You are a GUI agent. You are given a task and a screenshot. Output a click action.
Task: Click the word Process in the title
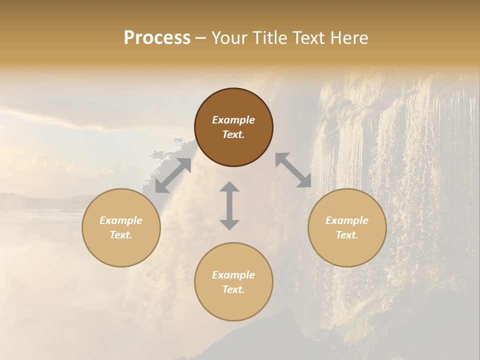pyautogui.click(x=157, y=38)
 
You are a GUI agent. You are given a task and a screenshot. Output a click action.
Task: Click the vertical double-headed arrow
pyautogui.click(x=229, y=205)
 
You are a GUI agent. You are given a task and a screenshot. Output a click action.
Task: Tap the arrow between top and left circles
pyautogui.click(x=173, y=175)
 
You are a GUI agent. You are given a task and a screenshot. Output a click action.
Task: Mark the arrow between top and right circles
pyautogui.click(x=293, y=170)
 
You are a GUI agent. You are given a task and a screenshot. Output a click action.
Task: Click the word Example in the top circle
pyautogui.click(x=233, y=120)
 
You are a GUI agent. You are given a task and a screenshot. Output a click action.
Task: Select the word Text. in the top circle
pyautogui.click(x=233, y=134)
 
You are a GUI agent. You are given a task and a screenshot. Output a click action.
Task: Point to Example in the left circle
pyautogui.click(x=121, y=220)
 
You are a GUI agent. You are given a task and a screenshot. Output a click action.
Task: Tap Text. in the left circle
pyautogui.click(x=121, y=235)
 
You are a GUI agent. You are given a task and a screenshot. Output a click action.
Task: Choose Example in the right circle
pyautogui.click(x=347, y=220)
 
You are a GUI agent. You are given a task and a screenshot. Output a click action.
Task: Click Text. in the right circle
pyautogui.click(x=347, y=235)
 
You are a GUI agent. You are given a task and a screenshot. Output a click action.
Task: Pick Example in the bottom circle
pyautogui.click(x=233, y=275)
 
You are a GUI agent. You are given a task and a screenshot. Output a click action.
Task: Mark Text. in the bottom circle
pyautogui.click(x=233, y=289)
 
